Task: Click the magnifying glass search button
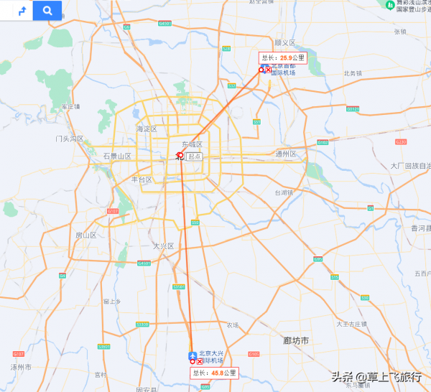pyautogui.click(x=47, y=11)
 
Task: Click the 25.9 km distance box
pyautogui.click(x=283, y=57)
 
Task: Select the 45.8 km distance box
pyautogui.click(x=213, y=373)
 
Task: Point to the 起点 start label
pyautogui.click(x=194, y=156)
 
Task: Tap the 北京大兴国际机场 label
pyautogui.click(x=215, y=356)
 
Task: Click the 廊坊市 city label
pyautogui.click(x=295, y=340)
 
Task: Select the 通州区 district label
pyautogui.click(x=285, y=154)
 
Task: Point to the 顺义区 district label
pyautogui.click(x=284, y=42)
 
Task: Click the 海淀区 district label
pyautogui.click(x=146, y=129)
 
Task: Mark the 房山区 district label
pyautogui.click(x=86, y=235)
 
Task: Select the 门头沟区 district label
pyautogui.click(x=70, y=138)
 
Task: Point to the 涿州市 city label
pyautogui.click(x=21, y=366)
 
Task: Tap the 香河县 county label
pyautogui.click(x=420, y=228)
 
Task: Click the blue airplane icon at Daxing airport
pyautogui.click(x=192, y=355)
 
